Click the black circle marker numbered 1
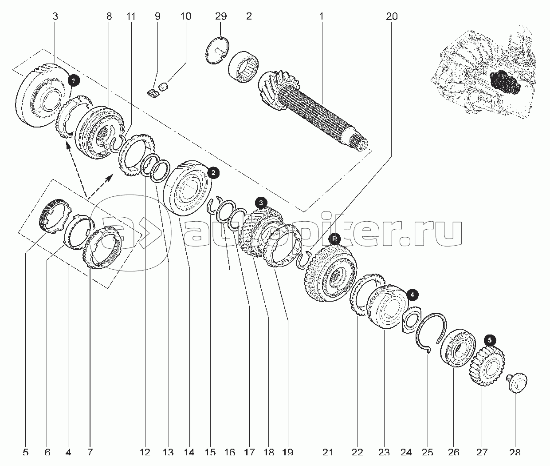(x=74, y=80)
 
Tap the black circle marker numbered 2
(x=213, y=173)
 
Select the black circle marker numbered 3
(x=261, y=203)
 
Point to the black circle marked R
(x=335, y=239)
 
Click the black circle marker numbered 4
(x=412, y=295)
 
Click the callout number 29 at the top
(x=221, y=16)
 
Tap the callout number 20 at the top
(x=392, y=16)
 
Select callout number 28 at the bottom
(x=515, y=452)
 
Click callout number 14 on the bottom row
(x=189, y=452)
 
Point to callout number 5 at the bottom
(x=26, y=452)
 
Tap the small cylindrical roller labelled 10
(x=163, y=87)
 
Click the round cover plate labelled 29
(x=218, y=50)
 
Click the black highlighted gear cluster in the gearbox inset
(x=504, y=83)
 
